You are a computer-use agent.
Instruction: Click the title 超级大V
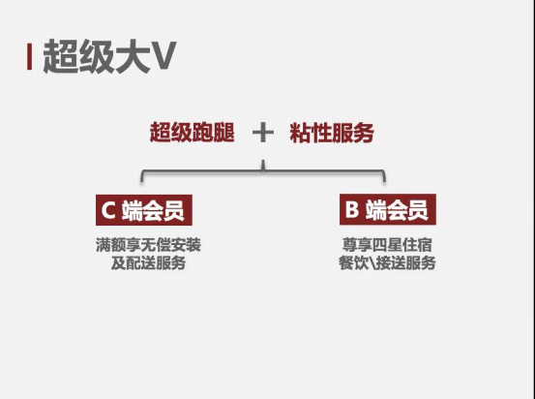109,56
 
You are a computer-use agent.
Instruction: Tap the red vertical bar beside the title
29,57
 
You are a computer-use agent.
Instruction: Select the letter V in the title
163,56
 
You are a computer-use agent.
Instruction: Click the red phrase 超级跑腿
193,133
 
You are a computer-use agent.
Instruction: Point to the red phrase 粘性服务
332,133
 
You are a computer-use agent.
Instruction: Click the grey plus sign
263,133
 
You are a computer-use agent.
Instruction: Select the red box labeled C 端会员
144,210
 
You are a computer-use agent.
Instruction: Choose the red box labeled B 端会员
388,209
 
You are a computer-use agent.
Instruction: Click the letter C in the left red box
108,210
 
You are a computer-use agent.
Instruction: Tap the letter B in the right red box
352,209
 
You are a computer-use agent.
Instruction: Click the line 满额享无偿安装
148,245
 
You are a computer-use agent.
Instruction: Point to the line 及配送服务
148,262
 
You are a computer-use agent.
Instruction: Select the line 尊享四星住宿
387,245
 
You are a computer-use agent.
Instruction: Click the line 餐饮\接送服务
387,262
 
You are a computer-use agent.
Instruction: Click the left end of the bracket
142,181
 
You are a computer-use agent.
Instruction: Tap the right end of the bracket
384,181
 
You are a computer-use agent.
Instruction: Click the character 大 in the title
133,56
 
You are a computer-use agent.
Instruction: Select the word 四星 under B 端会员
387,245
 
